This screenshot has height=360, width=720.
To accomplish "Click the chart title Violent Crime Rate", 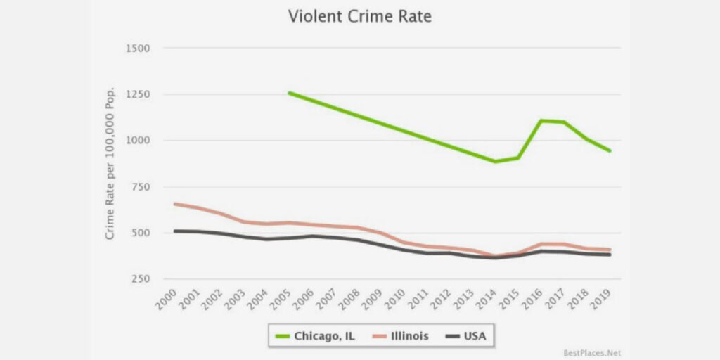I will click(x=359, y=16).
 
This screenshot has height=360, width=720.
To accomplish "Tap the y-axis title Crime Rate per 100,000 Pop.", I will click(x=110, y=164).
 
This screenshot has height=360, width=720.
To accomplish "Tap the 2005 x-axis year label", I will click(x=281, y=301).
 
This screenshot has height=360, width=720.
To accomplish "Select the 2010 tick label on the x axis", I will click(x=397, y=301).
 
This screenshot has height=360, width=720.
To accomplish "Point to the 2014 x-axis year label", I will click(x=489, y=301).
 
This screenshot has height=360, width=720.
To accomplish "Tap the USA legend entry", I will click(x=467, y=336).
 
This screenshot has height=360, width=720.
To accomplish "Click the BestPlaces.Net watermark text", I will click(x=592, y=352).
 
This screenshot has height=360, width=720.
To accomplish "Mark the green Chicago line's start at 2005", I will click(x=289, y=92).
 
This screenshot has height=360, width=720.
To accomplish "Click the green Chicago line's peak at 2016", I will click(x=541, y=120).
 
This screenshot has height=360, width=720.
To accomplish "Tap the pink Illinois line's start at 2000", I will click(x=174, y=204).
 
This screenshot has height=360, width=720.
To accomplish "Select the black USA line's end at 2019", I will click(x=609, y=255).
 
